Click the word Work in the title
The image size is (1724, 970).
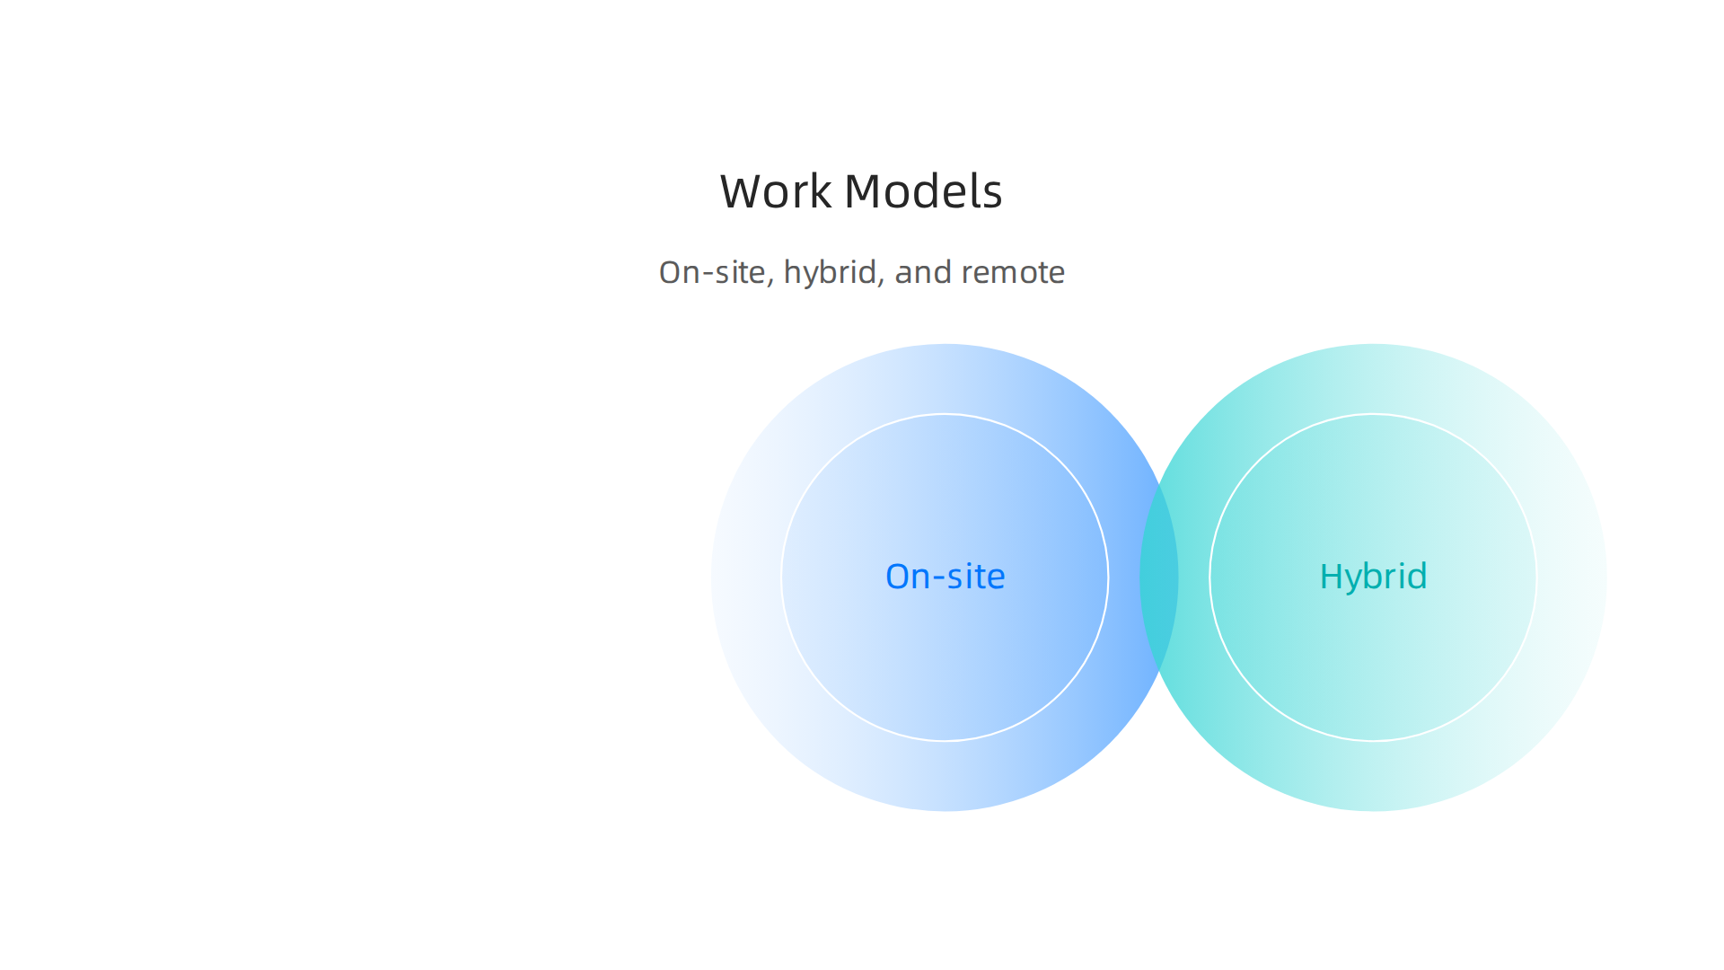[x=775, y=192]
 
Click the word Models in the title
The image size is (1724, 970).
[x=922, y=192]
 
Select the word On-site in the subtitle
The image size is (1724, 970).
[x=712, y=272]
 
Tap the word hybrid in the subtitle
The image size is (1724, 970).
[x=830, y=272]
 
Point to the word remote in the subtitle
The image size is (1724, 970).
[x=1013, y=272]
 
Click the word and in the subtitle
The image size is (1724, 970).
[x=923, y=272]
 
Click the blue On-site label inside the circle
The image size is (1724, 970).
[x=945, y=577]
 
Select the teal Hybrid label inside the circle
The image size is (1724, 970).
[x=1373, y=577]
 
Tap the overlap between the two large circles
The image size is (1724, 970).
[x=1159, y=578]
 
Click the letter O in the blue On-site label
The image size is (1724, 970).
[x=899, y=577]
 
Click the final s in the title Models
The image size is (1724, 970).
[x=992, y=196]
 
